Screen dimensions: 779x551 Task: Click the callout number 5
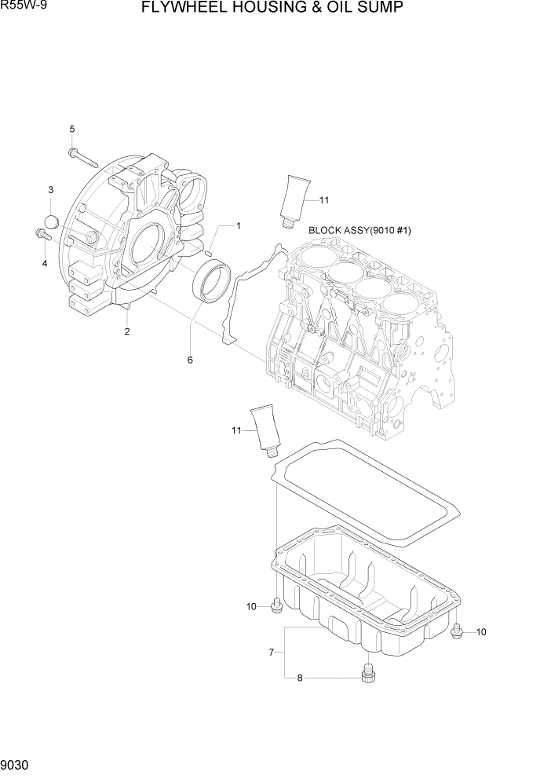point(71,129)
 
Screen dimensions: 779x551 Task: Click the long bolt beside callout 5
point(82,157)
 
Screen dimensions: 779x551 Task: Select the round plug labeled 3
point(51,221)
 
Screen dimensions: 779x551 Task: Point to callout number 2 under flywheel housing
point(126,331)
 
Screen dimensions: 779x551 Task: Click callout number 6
point(189,360)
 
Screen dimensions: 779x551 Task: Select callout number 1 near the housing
point(238,226)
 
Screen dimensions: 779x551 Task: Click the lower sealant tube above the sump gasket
point(265,430)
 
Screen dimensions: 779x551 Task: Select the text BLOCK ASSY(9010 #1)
point(360,231)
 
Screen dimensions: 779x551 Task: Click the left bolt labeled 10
point(275,605)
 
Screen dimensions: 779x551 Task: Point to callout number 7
point(272,652)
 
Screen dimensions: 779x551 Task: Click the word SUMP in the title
point(378,9)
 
